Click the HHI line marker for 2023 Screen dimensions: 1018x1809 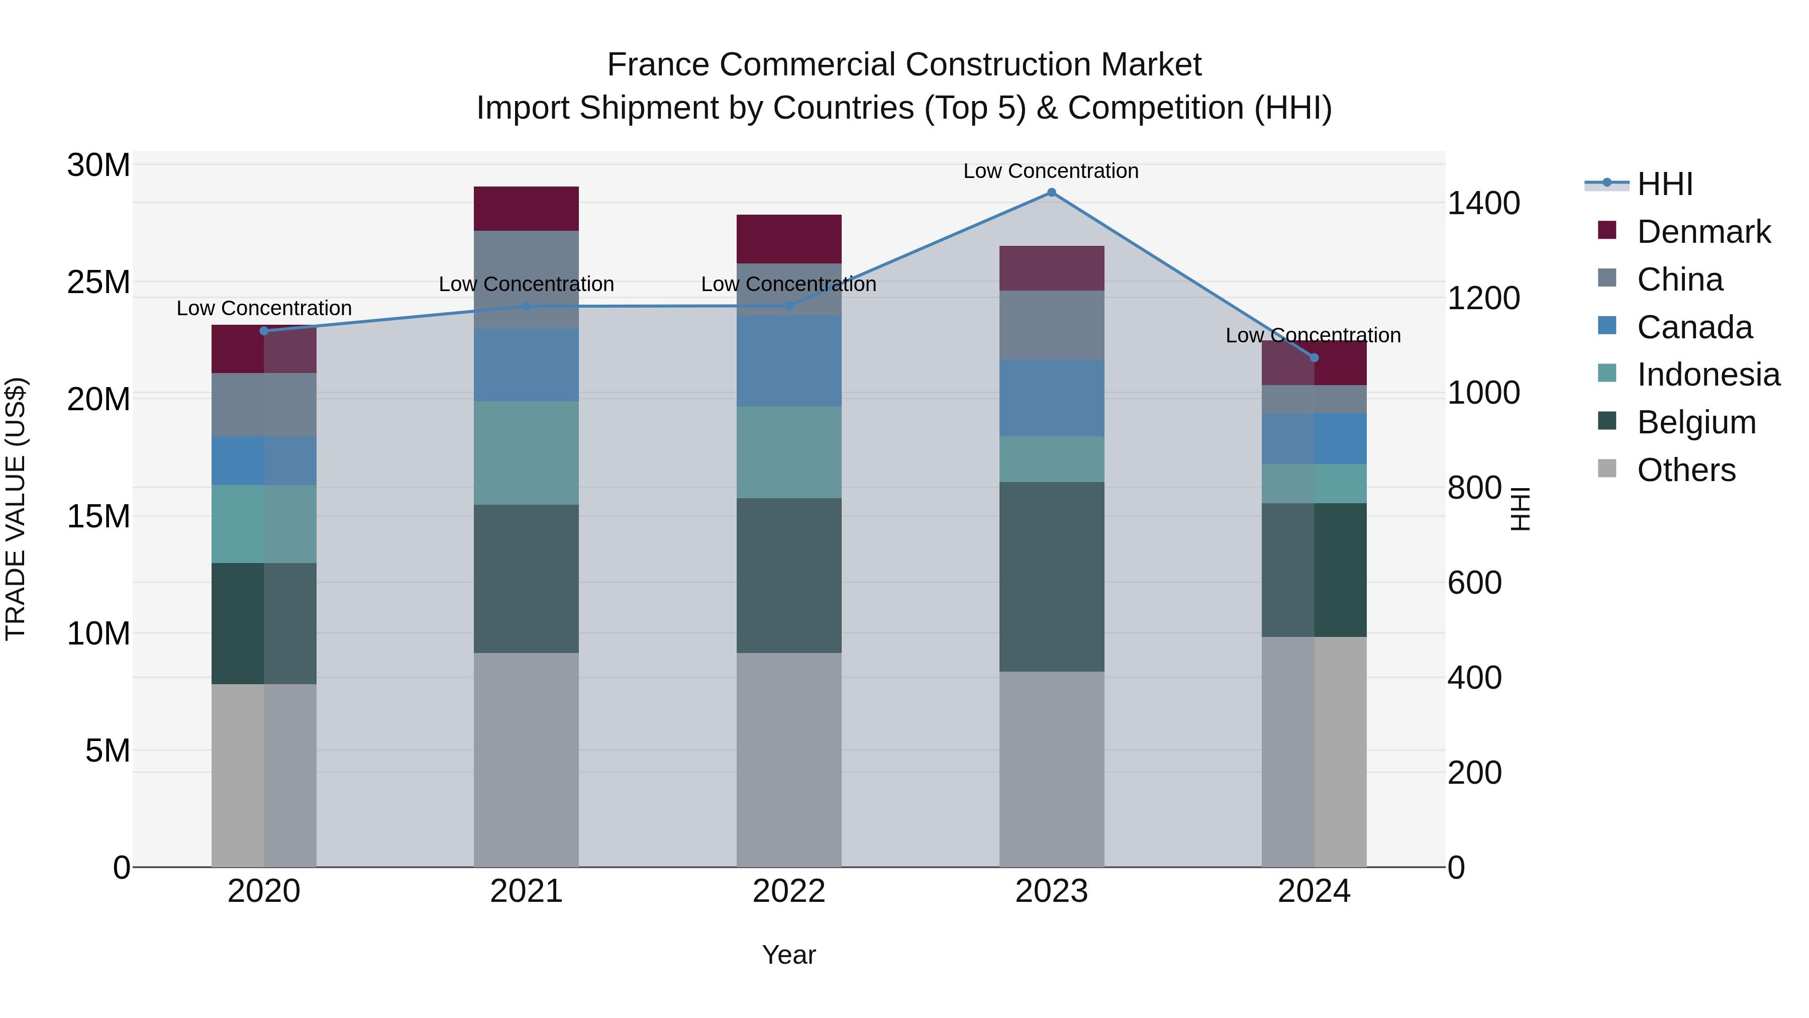[1051, 193]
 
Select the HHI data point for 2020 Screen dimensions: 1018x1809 [264, 331]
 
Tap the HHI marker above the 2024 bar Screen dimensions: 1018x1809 [1315, 357]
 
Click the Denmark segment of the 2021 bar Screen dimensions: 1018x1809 [526, 209]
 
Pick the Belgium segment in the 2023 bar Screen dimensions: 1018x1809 [1051, 576]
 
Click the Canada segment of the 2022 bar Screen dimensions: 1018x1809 [788, 360]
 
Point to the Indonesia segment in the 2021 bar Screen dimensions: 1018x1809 [526, 452]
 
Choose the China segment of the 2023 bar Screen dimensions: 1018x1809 [1051, 325]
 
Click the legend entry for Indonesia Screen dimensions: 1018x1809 [1708, 375]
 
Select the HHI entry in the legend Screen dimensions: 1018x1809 [1664, 184]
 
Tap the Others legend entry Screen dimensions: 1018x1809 [1685, 470]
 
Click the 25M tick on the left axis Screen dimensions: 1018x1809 [98, 283]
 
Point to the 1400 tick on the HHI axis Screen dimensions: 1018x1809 [1483, 203]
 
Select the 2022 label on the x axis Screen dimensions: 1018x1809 [788, 891]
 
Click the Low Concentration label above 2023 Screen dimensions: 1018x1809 [1051, 171]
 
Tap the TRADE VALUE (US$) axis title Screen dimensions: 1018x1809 [16, 509]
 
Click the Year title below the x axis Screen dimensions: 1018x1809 [788, 955]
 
